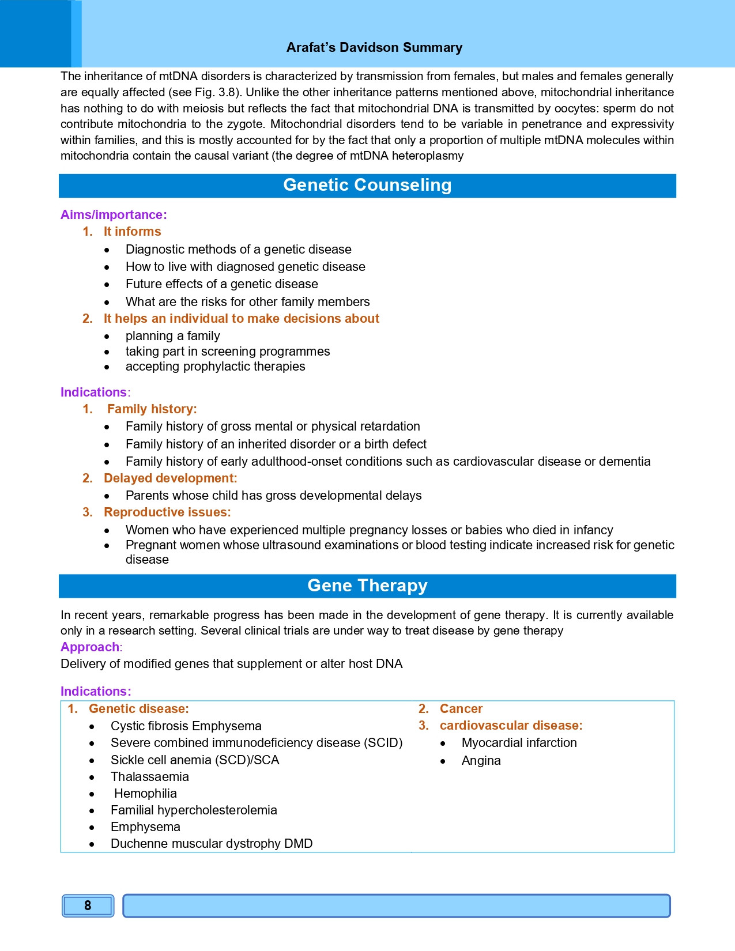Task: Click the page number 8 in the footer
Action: coord(88,905)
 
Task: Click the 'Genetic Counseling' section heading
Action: coord(367,185)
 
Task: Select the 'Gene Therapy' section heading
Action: coord(367,586)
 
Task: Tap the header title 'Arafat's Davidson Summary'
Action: coord(374,47)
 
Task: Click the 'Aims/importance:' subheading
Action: coord(114,215)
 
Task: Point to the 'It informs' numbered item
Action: coord(132,232)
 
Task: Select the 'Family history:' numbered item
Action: coord(152,409)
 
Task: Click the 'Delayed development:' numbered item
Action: coord(170,478)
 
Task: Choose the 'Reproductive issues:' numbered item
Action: coord(167,512)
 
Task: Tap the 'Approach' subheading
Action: coord(90,647)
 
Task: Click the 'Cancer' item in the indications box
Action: coord(461,709)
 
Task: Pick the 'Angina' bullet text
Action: coord(481,761)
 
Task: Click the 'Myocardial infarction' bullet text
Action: coord(519,743)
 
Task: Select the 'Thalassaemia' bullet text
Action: coord(149,777)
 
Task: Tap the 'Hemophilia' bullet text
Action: coord(145,794)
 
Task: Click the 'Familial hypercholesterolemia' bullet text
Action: coord(194,810)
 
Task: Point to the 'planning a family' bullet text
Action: coord(172,336)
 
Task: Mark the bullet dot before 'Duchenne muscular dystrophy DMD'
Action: coord(92,844)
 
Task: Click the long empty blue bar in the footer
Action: coord(396,905)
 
